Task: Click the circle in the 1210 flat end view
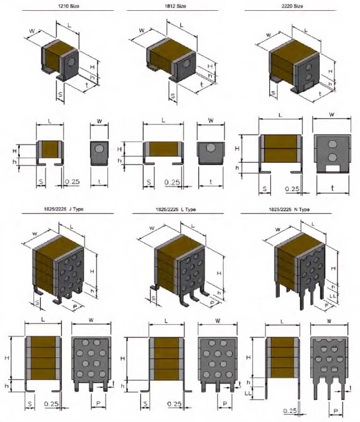click(99, 149)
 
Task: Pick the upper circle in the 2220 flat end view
click(332, 144)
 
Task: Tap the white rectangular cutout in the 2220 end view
click(332, 167)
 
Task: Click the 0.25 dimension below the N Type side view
click(290, 411)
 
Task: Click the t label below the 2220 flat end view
click(332, 188)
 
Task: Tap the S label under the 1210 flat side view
click(41, 181)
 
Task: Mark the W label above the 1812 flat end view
click(211, 121)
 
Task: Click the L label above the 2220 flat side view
click(280, 115)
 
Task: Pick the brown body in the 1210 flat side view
click(50, 149)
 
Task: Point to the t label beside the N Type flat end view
click(353, 387)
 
